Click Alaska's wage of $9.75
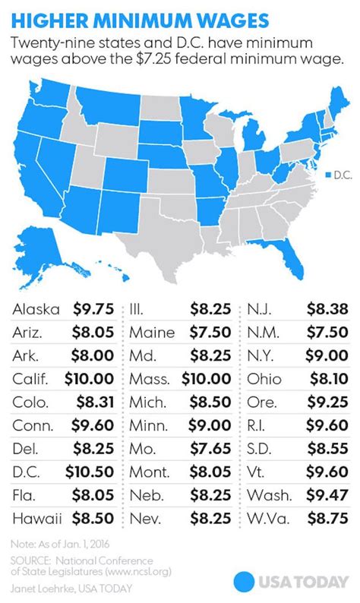coord(94,309)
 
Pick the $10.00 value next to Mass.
coord(210,379)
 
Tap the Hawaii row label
coord(36,519)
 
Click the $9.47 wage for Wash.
coord(328,496)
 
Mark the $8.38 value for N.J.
coord(328,309)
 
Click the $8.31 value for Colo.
coord(94,403)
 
